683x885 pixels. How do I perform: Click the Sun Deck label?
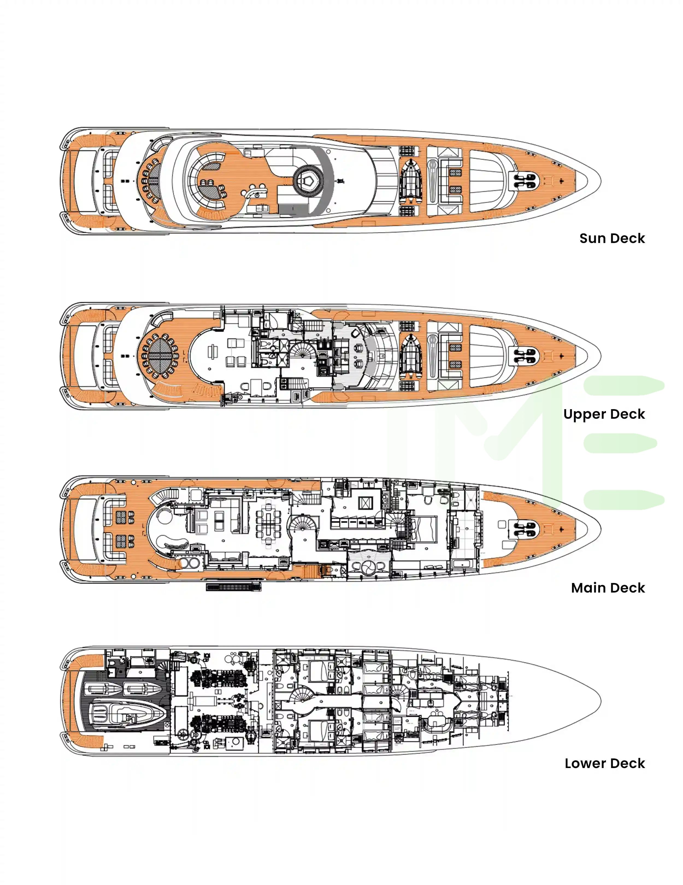coord(612,238)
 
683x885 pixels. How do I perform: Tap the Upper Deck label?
coord(603,414)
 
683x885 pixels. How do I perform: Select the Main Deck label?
coord(608,588)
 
